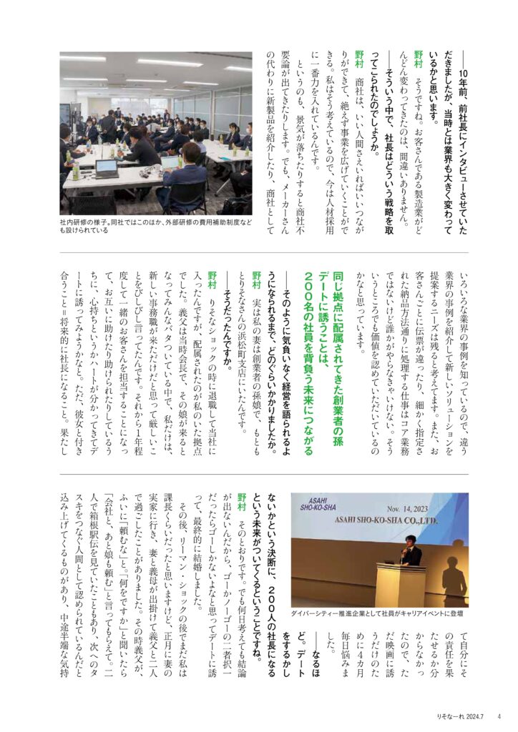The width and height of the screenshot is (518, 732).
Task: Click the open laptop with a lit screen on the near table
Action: [x=106, y=169]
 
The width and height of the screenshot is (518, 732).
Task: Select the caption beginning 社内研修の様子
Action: [x=155, y=227]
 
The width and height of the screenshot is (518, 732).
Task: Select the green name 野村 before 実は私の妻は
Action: [x=256, y=278]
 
